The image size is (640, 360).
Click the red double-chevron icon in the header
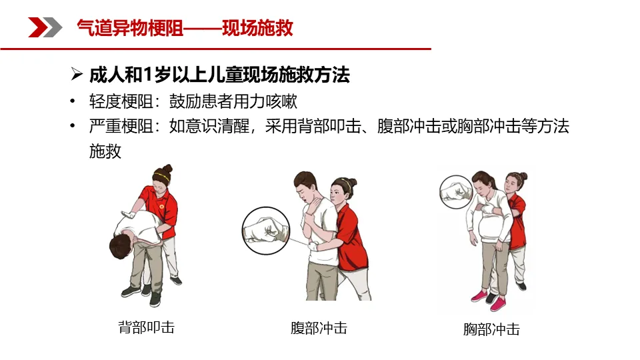45,27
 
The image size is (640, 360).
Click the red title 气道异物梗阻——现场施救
185,28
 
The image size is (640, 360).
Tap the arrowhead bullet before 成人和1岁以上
76,74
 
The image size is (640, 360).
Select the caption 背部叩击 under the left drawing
146,327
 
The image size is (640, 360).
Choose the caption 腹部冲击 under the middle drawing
319,328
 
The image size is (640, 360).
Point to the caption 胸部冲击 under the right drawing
491,329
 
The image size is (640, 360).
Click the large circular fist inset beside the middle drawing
266,231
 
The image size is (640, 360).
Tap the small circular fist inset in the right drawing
455,192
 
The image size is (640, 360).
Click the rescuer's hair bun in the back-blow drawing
167,168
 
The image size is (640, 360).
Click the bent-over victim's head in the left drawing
121,246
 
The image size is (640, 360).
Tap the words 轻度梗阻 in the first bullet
121,101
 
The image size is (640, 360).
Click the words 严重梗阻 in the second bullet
121,126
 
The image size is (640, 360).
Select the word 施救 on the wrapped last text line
105,151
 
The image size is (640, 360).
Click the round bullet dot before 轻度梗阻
72,101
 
